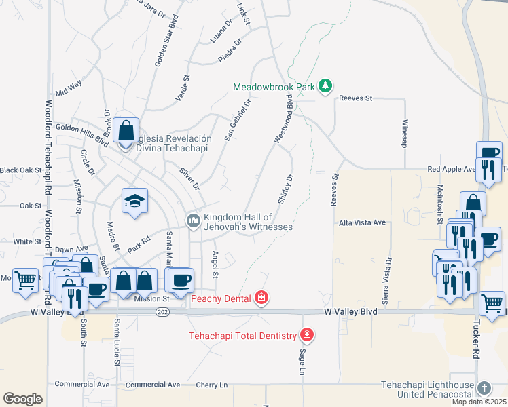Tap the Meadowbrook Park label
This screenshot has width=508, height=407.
pos(275,87)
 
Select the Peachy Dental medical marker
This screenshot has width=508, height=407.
pos(261,297)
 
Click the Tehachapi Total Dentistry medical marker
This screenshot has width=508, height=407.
pos(307,335)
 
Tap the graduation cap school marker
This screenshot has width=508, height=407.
pos(134,201)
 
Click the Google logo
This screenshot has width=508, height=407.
pos(22,399)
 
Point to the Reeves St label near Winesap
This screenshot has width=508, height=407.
pos(356,98)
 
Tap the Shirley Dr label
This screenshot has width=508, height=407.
pos(285,190)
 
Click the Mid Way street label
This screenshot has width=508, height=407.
pos(69,88)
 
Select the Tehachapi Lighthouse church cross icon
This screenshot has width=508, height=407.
pos(483,388)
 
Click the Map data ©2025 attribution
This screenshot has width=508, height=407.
pos(479,402)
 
